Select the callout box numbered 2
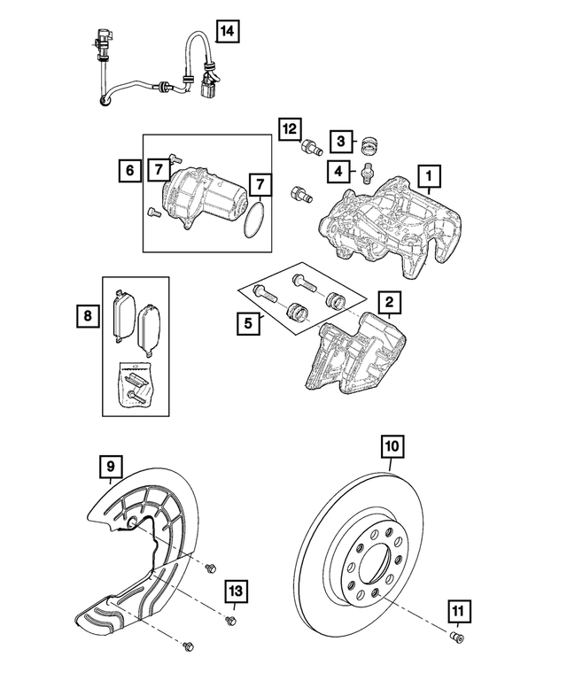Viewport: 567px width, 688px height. [x=390, y=303]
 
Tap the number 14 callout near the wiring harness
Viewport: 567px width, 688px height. [x=227, y=32]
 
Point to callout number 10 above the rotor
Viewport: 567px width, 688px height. [x=392, y=446]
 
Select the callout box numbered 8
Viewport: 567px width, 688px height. [x=86, y=313]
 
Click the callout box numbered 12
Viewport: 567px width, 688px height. [x=289, y=128]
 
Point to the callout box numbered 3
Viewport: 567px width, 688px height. [x=340, y=140]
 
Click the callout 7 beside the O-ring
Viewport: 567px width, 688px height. [x=260, y=184]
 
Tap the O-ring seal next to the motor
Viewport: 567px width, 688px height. [x=253, y=220]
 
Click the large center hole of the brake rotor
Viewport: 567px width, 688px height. [x=376, y=567]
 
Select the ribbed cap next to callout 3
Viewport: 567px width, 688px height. [x=370, y=140]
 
